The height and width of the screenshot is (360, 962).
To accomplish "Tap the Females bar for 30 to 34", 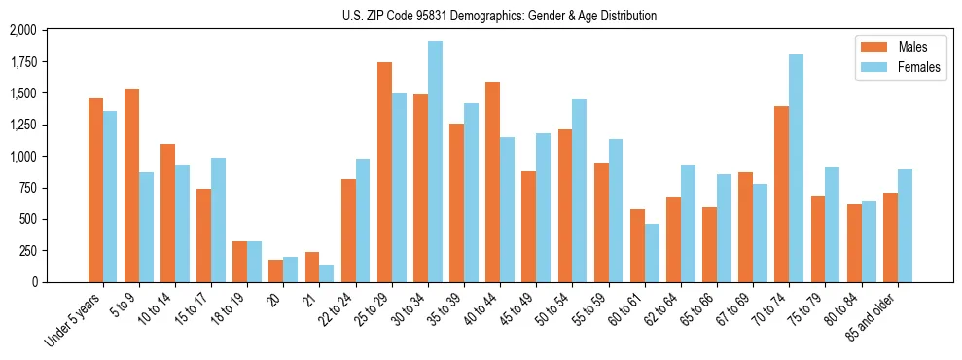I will click(x=435, y=162).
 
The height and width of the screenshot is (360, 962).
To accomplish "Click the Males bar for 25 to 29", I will click(x=384, y=172).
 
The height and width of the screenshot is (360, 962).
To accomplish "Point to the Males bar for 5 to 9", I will click(x=131, y=185).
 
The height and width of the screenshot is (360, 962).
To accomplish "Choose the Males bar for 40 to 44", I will click(x=492, y=182).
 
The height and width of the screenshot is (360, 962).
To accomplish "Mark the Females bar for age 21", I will click(x=327, y=273).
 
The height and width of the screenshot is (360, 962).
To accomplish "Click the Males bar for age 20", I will click(x=276, y=270).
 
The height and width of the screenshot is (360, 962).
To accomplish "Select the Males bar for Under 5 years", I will click(x=95, y=190).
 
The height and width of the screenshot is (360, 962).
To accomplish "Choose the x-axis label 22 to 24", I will click(x=342, y=310).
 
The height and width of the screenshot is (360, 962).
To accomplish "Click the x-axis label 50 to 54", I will click(x=559, y=310).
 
